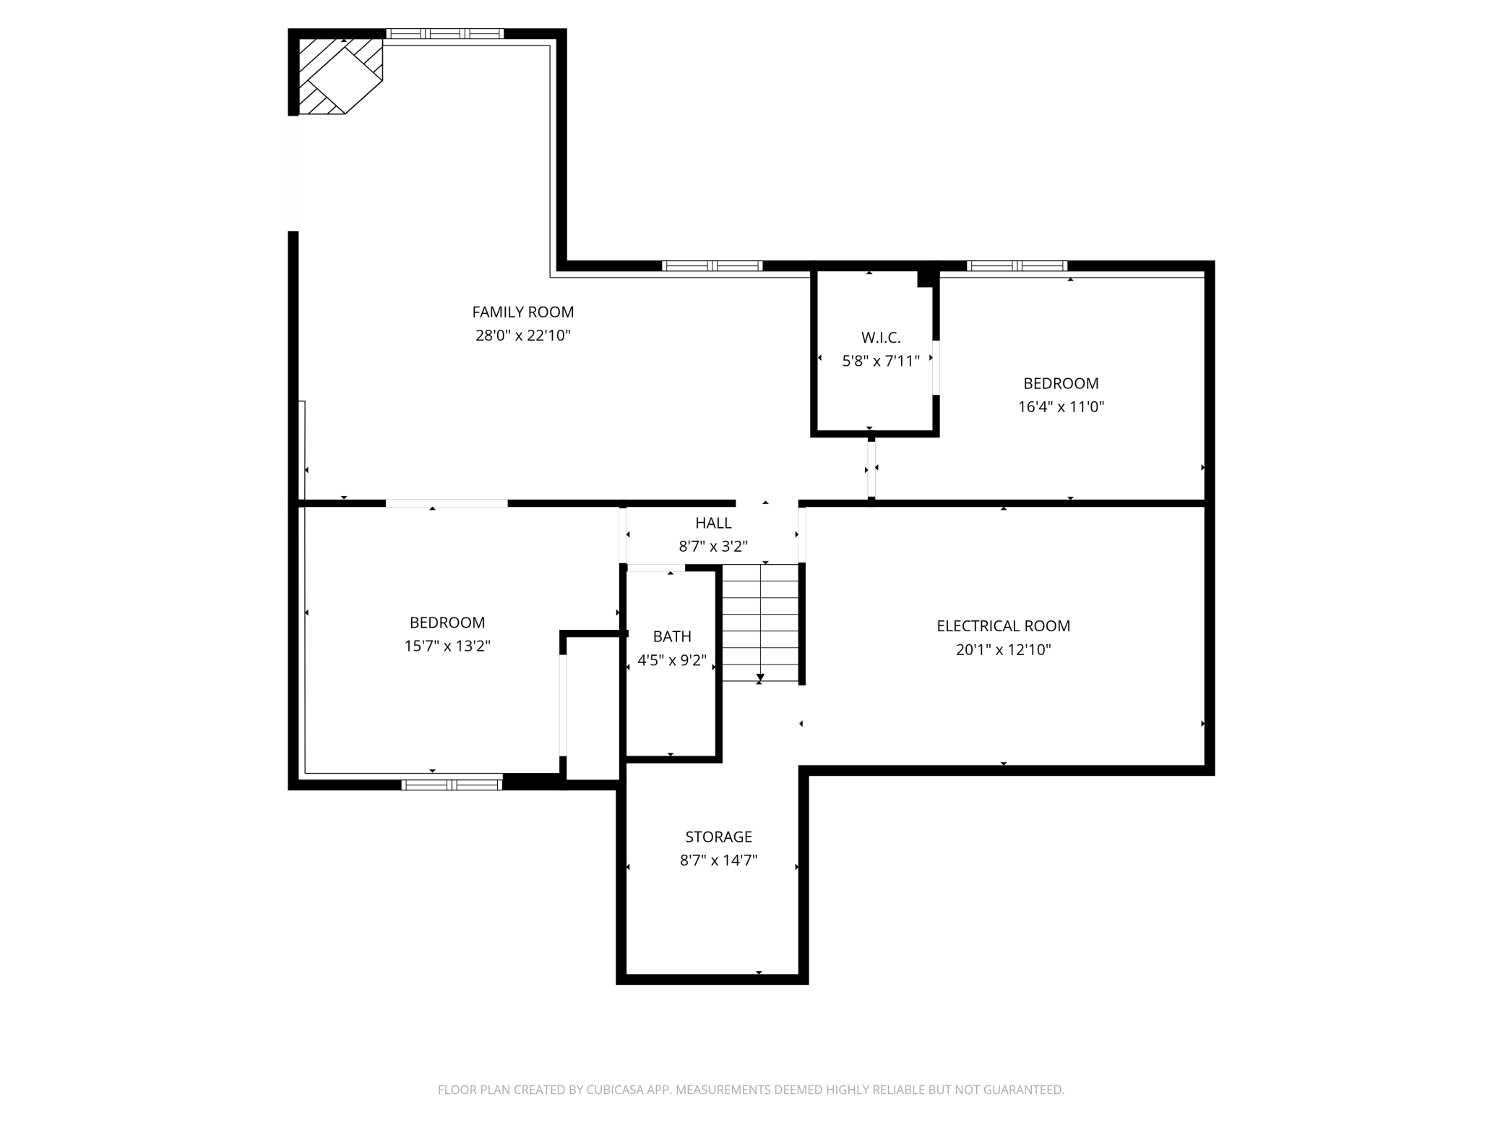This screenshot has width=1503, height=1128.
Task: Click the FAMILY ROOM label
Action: click(x=523, y=312)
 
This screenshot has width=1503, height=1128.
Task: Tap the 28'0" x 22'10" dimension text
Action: click(x=523, y=336)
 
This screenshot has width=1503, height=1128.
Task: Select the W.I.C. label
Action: click(x=881, y=338)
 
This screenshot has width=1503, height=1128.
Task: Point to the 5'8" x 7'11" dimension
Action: click(x=881, y=361)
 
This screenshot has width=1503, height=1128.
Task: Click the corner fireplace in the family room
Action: click(x=340, y=76)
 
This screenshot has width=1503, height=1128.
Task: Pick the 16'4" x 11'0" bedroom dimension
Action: click(x=1061, y=406)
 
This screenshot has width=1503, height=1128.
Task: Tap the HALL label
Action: click(x=713, y=523)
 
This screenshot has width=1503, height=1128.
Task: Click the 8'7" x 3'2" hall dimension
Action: click(x=713, y=547)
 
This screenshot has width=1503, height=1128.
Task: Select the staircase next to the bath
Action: click(x=760, y=623)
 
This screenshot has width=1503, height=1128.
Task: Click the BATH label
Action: click(x=672, y=636)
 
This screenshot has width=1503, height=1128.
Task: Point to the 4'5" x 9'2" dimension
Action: click(x=672, y=660)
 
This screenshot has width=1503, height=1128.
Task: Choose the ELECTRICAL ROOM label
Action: click(x=1003, y=626)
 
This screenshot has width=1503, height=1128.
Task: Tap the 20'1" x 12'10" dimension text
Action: click(x=1003, y=649)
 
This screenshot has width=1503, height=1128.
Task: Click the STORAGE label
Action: click(x=718, y=837)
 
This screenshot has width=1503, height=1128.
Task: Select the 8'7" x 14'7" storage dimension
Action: click(x=718, y=860)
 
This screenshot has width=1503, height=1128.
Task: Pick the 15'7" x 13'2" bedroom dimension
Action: click(x=447, y=646)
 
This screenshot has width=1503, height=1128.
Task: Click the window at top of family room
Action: click(x=444, y=33)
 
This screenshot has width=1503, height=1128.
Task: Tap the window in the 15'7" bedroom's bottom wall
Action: click(x=452, y=785)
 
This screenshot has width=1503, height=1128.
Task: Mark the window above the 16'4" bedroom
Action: click(x=1017, y=265)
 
